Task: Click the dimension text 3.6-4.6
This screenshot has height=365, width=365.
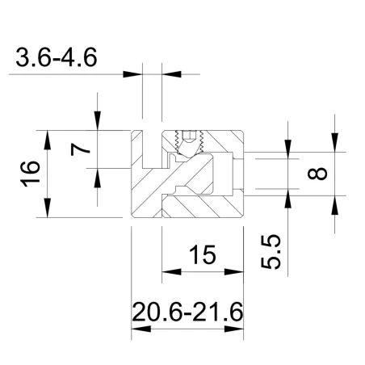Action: (x=61, y=58)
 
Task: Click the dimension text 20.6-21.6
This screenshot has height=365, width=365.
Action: (x=187, y=311)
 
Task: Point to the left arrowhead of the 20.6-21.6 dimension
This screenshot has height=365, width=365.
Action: (x=137, y=329)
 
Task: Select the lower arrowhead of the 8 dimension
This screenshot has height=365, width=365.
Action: (x=332, y=204)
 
